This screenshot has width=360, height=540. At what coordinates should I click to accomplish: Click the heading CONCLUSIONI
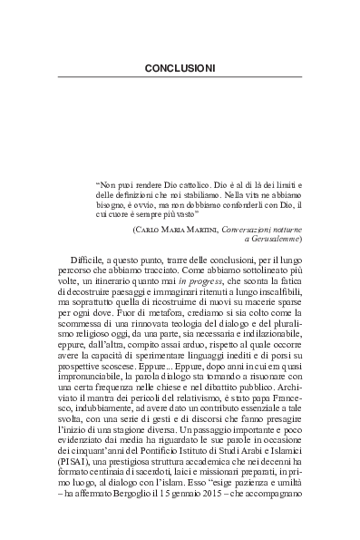180,68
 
